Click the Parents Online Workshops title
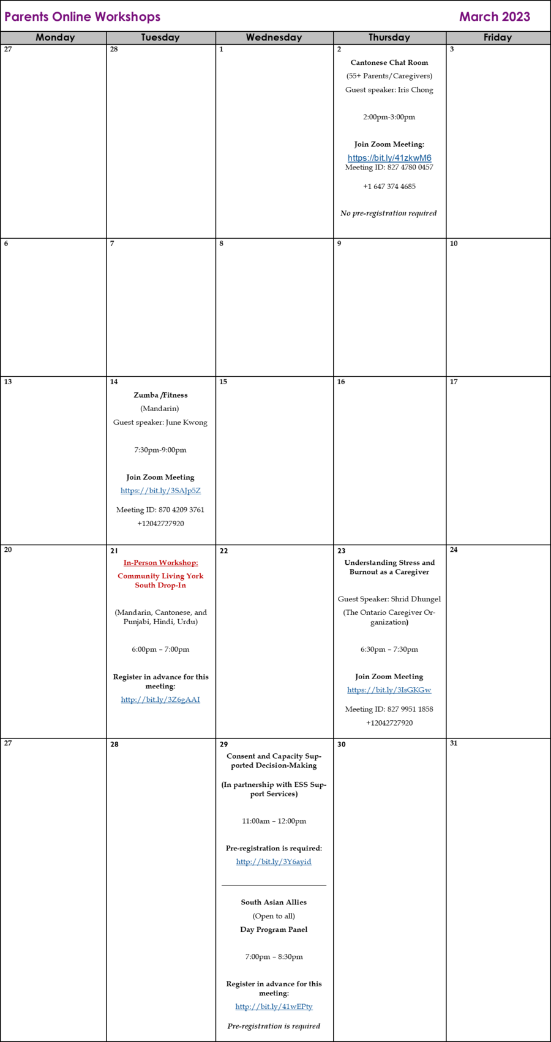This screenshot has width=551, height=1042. (x=83, y=17)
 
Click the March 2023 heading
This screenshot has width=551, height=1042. (x=495, y=17)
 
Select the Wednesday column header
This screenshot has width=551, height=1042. (x=274, y=38)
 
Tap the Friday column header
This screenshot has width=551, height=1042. (x=498, y=38)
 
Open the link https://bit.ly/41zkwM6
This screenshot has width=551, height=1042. (x=389, y=158)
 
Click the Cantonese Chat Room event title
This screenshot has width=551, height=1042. (x=389, y=62)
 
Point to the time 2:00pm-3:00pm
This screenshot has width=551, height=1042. (x=389, y=117)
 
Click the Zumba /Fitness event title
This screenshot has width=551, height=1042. (x=160, y=395)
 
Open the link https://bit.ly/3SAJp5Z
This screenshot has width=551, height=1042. (x=160, y=490)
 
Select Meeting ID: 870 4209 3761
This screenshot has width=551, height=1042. (x=160, y=510)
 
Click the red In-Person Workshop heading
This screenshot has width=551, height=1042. (x=160, y=562)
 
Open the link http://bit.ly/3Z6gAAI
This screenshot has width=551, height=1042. (x=160, y=699)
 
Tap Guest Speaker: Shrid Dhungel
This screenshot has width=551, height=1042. (x=389, y=599)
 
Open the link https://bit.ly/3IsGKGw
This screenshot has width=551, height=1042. (x=389, y=690)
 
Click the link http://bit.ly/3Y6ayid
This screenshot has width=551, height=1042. (x=274, y=862)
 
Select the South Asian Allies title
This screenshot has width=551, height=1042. (x=274, y=902)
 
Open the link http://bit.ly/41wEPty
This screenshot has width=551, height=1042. (x=274, y=1006)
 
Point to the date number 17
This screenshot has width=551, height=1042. (x=454, y=381)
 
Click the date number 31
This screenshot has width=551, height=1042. (x=454, y=743)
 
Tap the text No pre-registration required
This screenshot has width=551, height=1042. (x=389, y=213)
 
